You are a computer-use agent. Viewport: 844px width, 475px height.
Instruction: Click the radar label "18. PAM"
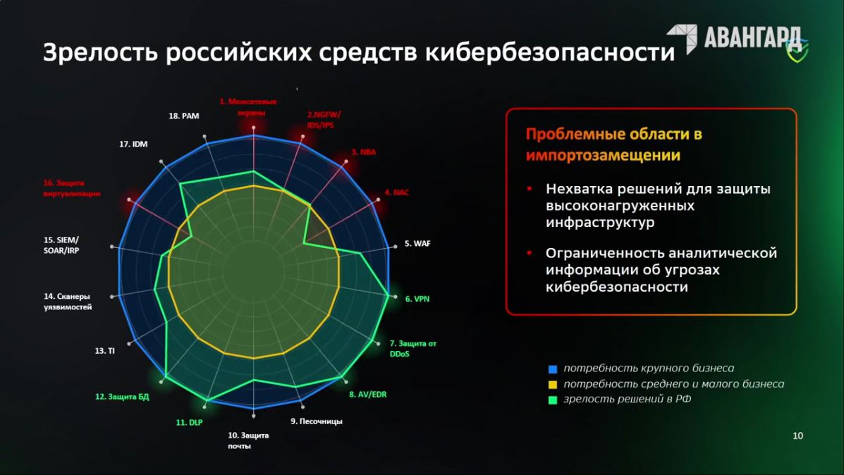pyautogui.click(x=183, y=116)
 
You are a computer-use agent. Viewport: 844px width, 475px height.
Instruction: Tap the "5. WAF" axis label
pyautogui.click(x=417, y=244)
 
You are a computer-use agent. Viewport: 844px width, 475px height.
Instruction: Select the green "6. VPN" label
pyautogui.click(x=417, y=299)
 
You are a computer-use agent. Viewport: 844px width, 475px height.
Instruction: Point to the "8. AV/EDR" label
pyautogui.click(x=367, y=395)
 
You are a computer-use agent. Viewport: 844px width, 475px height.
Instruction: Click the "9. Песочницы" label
pyautogui.click(x=317, y=421)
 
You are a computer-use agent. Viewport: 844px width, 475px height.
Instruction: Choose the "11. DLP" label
pyautogui.click(x=190, y=423)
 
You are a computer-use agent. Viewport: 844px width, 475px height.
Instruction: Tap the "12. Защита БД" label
pyautogui.click(x=122, y=397)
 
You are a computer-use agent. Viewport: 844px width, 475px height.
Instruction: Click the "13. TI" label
pyautogui.click(x=104, y=351)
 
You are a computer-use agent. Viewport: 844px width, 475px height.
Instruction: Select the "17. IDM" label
pyautogui.click(x=133, y=144)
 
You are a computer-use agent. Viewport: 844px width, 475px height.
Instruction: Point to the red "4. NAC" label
pyautogui.click(x=397, y=192)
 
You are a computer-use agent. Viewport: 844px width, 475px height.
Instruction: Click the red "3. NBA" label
pyautogui.click(x=364, y=152)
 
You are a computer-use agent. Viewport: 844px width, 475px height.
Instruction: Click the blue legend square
pyautogui.click(x=552, y=369)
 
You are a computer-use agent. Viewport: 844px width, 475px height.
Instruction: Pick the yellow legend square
pyautogui.click(x=552, y=385)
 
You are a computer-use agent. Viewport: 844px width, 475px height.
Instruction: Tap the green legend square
pyautogui.click(x=552, y=400)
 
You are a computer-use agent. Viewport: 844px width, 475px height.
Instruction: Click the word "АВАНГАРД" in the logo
pyautogui.click(x=752, y=37)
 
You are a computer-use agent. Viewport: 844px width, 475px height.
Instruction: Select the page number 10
pyautogui.click(x=797, y=436)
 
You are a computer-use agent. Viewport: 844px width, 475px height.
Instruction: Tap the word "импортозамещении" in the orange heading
pyautogui.click(x=603, y=156)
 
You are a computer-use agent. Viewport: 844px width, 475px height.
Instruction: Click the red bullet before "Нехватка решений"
pyautogui.click(x=530, y=189)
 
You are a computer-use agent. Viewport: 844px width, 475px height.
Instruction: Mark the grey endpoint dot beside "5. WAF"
pyautogui.click(x=395, y=247)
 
